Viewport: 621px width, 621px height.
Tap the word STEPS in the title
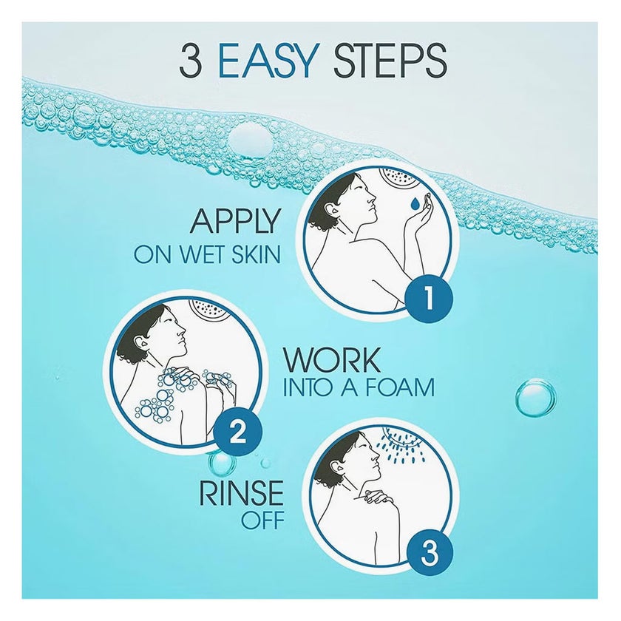point(390,61)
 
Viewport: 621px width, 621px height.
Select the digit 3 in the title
point(190,61)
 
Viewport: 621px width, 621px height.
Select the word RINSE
point(242,492)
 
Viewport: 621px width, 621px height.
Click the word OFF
point(263,520)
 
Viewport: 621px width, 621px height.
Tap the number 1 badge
point(428,298)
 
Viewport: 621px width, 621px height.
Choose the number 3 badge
point(430,554)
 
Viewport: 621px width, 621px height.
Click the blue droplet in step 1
point(415,203)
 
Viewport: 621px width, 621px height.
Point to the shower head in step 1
point(398,177)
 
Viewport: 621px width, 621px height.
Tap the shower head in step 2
point(208,308)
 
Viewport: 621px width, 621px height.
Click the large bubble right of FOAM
point(536,398)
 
